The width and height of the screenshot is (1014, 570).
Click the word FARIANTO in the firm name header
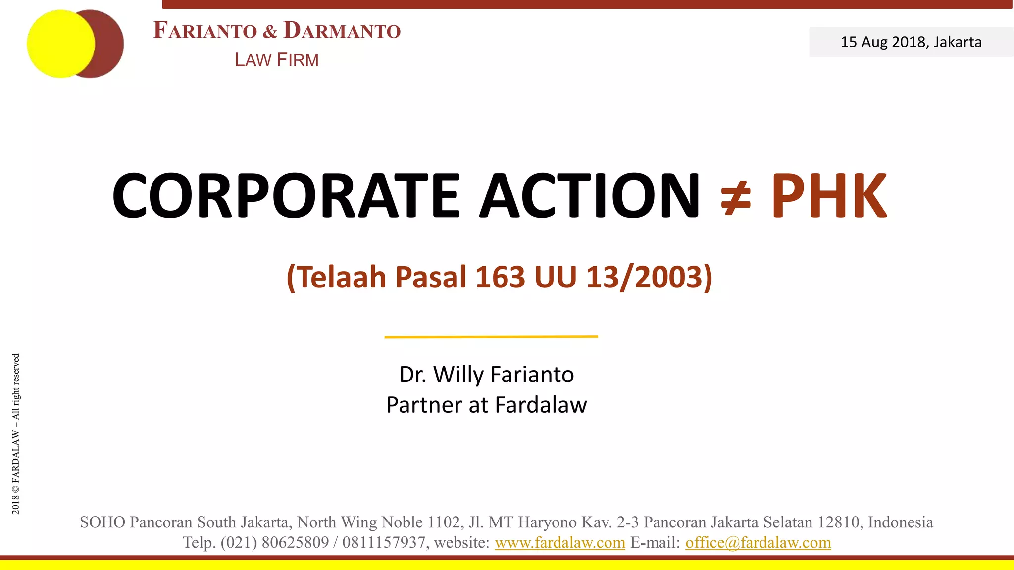coord(205,30)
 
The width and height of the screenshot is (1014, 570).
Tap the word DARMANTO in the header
coord(342,30)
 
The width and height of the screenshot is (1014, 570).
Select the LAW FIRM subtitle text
coord(277,60)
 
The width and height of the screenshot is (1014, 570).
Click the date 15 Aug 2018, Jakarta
coord(911,42)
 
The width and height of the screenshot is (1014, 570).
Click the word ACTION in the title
coord(589,195)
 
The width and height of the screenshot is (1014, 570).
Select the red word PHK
coord(829,196)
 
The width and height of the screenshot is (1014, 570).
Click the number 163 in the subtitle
coord(500,277)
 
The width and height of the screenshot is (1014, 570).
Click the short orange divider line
coord(491,337)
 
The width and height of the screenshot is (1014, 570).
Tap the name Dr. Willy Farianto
coord(487,375)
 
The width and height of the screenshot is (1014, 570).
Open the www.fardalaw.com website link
coord(559,543)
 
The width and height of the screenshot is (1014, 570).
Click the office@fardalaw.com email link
coord(758,543)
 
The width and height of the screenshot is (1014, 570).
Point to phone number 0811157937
coord(383,543)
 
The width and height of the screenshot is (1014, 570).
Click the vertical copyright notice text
coord(16,433)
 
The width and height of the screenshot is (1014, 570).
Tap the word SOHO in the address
coord(102,522)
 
